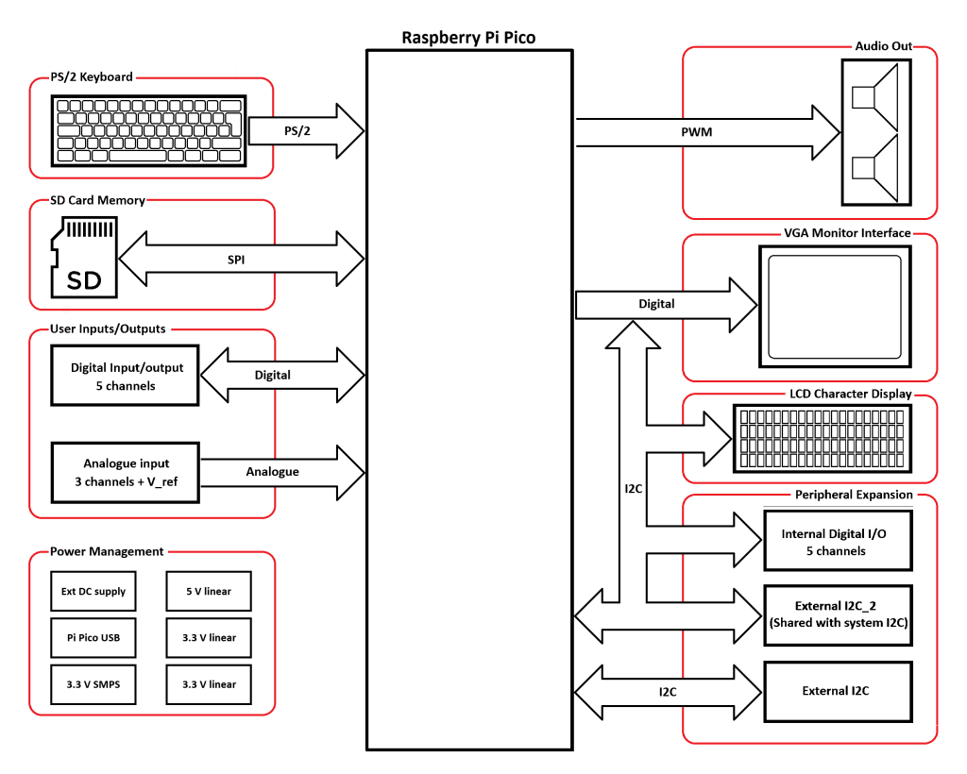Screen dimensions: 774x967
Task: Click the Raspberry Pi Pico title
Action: pyautogui.click(x=468, y=38)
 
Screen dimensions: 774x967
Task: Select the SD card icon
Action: pyautogui.click(x=83, y=255)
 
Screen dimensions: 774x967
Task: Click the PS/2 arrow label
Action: pyautogui.click(x=297, y=130)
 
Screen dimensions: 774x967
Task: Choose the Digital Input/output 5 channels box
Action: pyautogui.click(x=126, y=376)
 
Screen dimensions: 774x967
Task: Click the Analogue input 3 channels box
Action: pyautogui.click(x=126, y=472)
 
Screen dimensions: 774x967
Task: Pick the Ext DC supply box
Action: pyautogui.click(x=93, y=591)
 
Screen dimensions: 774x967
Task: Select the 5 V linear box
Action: pyautogui.click(x=209, y=591)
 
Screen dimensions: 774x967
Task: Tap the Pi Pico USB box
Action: pyautogui.click(x=93, y=637)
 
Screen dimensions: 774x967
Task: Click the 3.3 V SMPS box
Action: pyautogui.click(x=93, y=684)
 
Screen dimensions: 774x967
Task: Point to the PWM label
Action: pyautogui.click(x=697, y=132)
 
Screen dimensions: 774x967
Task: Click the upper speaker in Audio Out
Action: pyautogui.click(x=874, y=97)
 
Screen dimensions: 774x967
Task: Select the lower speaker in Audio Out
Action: pyautogui.click(x=874, y=167)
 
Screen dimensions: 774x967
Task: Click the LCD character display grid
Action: pyautogui.click(x=821, y=438)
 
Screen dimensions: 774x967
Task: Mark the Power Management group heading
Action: pyautogui.click(x=107, y=551)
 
